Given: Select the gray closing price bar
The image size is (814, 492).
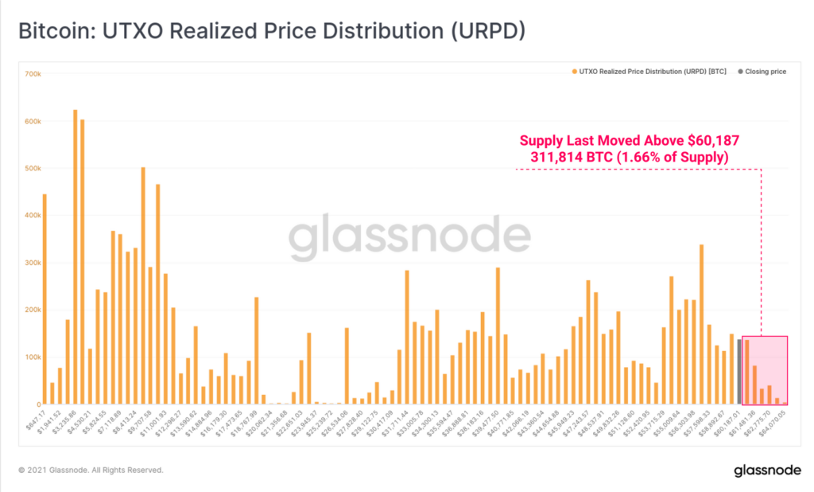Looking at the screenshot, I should point(739,372).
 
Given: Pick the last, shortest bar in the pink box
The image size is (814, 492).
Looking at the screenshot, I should point(777,401).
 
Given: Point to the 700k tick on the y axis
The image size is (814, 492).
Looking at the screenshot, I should point(33,74).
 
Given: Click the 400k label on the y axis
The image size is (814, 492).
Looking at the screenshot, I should point(33,216).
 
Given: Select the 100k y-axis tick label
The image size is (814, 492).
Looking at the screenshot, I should point(33,357).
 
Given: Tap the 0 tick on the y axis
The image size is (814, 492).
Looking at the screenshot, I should point(37,404).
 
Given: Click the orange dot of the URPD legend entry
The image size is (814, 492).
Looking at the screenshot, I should point(574,72).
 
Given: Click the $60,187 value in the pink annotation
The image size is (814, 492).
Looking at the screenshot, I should point(707,141).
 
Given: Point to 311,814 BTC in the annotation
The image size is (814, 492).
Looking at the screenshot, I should point(565,158).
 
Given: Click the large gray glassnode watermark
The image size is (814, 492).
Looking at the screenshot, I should point(409,237).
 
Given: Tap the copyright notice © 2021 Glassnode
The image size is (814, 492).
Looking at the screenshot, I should point(91,471).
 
